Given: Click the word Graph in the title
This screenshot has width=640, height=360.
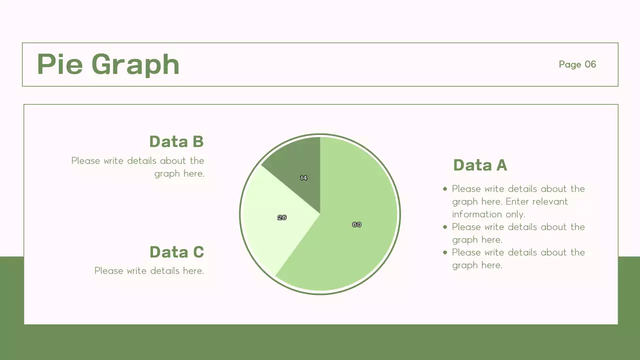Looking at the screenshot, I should click(135, 65).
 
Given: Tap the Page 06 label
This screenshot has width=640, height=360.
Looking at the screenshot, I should click(577, 64).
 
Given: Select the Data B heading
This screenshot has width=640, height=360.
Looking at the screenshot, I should click(176, 141).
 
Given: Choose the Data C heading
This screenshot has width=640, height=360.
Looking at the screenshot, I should click(176, 251).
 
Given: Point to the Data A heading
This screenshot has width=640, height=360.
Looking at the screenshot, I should click(480, 165).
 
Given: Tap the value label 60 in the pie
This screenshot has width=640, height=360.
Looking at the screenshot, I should click(356, 224).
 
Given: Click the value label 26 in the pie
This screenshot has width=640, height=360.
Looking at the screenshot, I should click(282, 217).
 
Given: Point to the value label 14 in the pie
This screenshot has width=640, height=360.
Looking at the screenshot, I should click(303, 177).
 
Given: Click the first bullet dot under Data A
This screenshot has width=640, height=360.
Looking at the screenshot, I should click(445, 189).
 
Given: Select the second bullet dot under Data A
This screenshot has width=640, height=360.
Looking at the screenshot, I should click(445, 227).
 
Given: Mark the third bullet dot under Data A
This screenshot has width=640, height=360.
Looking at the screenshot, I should click(445, 252).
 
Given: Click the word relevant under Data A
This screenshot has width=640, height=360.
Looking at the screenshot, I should click(550, 201).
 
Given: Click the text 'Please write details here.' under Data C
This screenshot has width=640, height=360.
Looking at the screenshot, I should click(149, 270).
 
